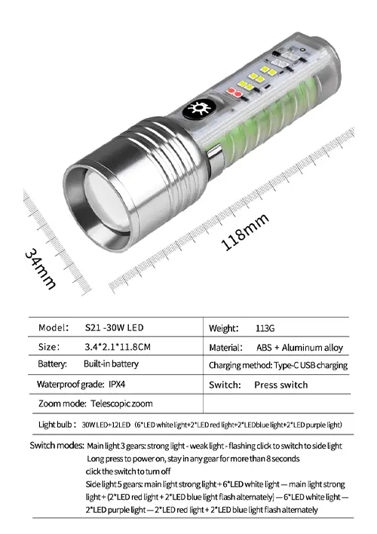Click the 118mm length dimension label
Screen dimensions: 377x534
[245, 232]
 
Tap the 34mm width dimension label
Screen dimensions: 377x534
[40, 269]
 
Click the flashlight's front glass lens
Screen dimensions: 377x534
[106, 205]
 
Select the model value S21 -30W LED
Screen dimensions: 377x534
[114, 327]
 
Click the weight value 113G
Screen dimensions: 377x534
[265, 328]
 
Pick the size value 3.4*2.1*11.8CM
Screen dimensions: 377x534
[118, 347]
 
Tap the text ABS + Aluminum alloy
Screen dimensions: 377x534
[299, 348]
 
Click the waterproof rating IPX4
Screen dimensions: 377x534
[117, 384]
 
